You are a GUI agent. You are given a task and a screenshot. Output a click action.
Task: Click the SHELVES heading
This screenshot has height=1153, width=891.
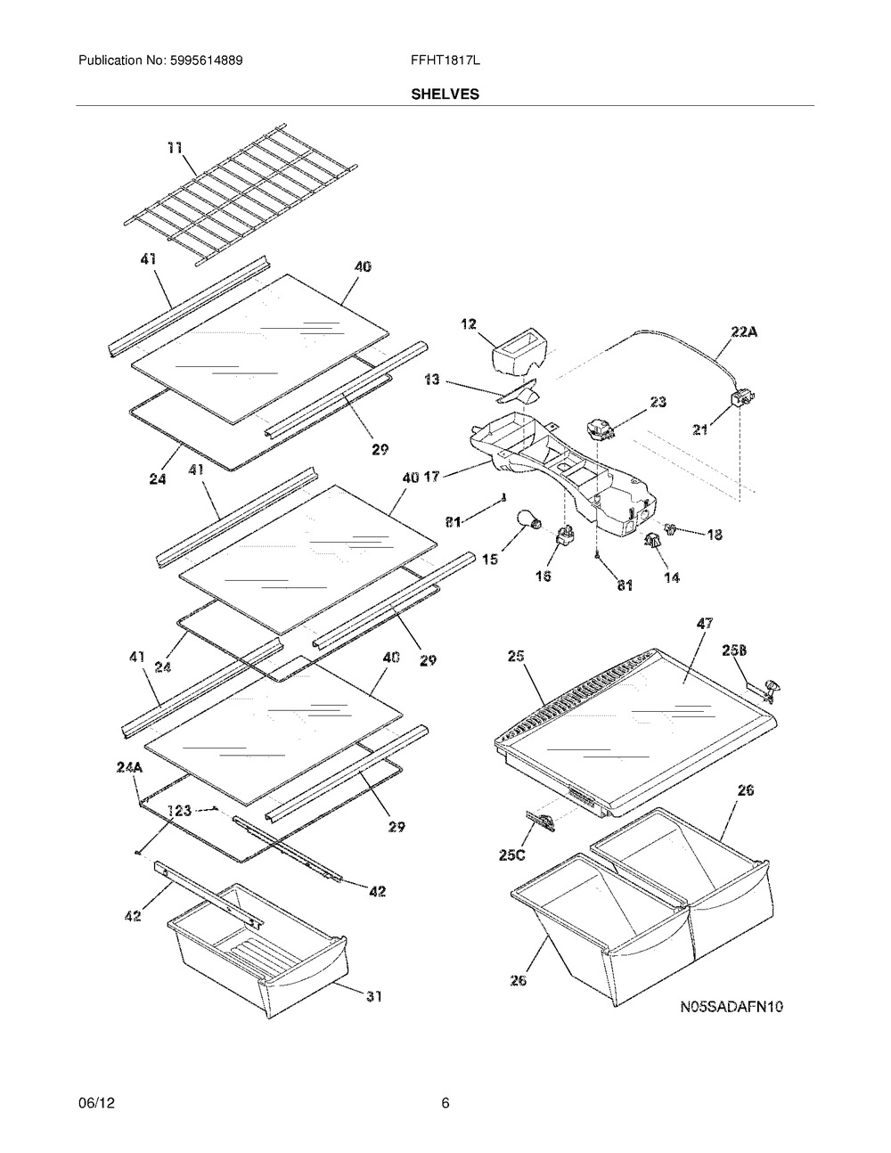point(445,94)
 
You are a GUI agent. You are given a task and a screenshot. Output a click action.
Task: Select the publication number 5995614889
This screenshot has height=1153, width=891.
point(207,61)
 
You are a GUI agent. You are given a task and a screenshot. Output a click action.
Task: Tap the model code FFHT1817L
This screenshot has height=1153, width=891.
point(445,61)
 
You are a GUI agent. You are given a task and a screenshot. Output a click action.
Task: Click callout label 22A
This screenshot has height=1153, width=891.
point(744,331)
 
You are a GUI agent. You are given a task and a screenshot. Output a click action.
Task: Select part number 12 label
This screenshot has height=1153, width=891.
point(469,323)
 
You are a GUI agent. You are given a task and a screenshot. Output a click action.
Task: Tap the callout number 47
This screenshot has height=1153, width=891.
point(704,623)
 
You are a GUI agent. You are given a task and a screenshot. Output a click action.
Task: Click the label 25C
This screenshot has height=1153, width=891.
point(511,870)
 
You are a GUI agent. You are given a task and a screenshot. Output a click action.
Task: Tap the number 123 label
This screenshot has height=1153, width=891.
point(179,810)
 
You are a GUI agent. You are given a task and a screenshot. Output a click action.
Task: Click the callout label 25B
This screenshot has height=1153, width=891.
point(734,650)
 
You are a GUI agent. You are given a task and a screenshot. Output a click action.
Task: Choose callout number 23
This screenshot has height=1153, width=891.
point(658,402)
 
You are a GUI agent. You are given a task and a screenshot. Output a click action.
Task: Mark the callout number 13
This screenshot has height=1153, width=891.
point(432,380)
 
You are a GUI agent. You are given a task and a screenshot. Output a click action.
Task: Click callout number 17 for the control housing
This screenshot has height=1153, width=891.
point(432,477)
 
